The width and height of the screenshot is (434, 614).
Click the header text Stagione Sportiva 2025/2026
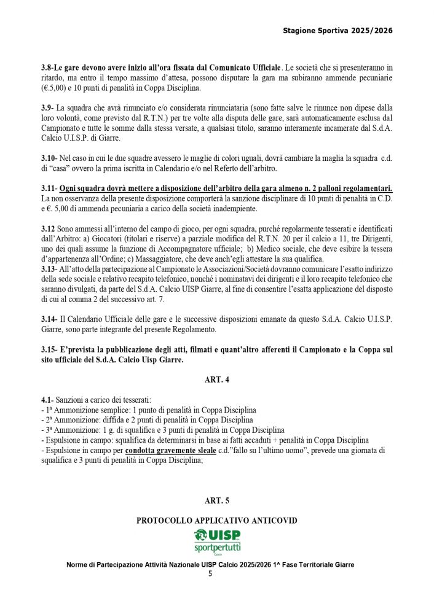tap(337, 29)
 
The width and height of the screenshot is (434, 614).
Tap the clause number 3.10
tap(49, 158)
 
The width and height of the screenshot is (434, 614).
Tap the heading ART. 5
tap(217, 501)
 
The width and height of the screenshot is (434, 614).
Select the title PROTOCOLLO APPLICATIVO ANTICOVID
tap(217, 521)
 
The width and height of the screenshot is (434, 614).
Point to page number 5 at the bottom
tap(210, 574)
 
